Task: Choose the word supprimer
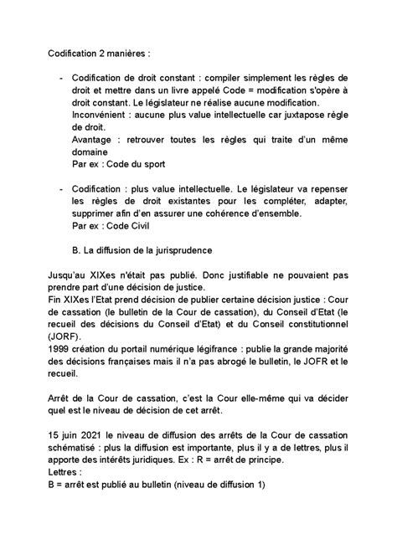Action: (101, 213)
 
